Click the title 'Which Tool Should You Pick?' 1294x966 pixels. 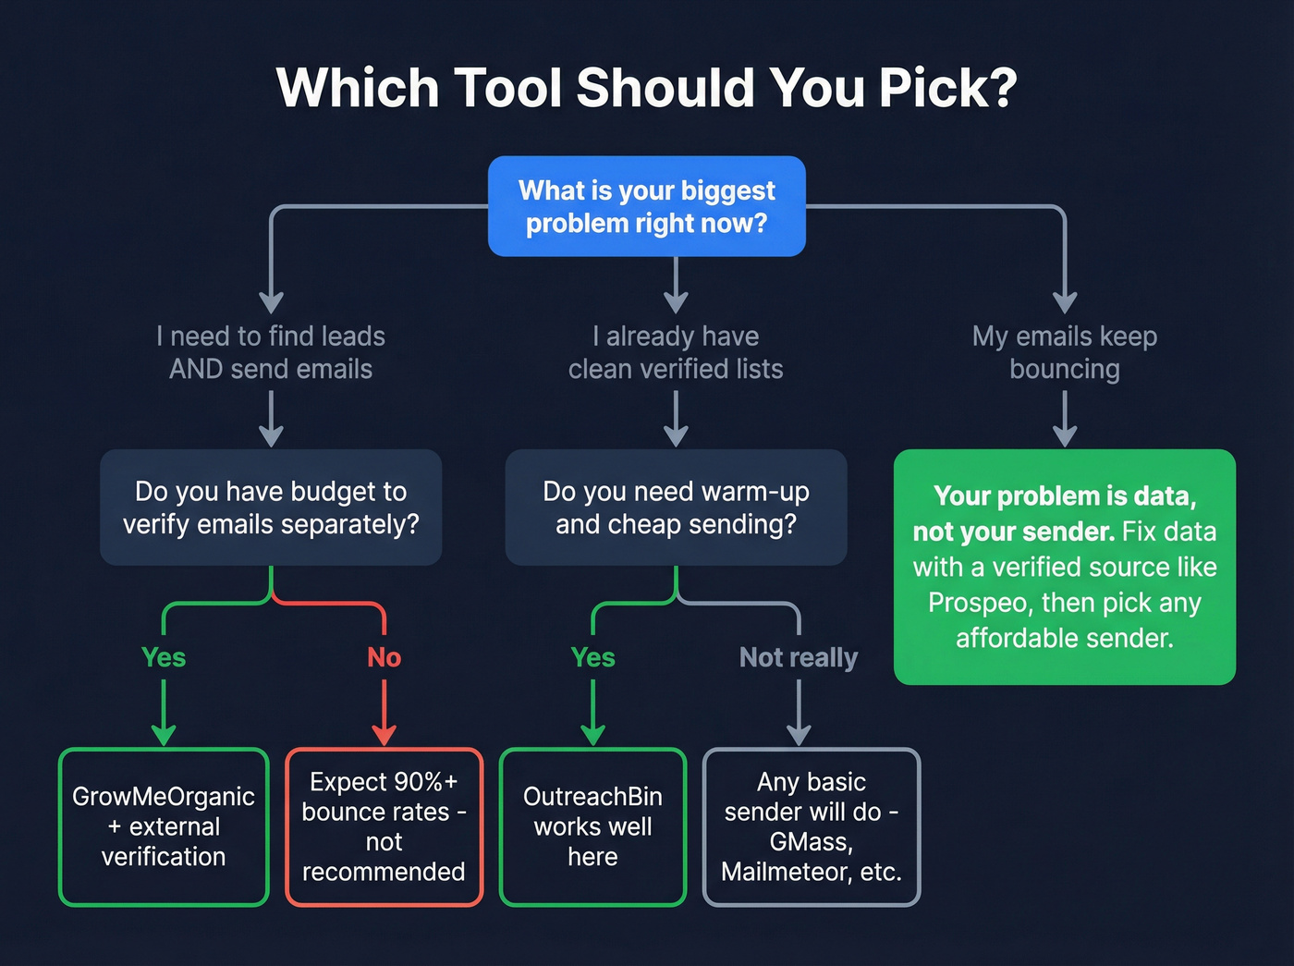(646, 89)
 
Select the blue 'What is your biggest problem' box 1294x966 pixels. (646, 206)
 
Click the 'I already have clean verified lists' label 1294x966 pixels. (676, 352)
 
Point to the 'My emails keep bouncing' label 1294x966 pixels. (1064, 352)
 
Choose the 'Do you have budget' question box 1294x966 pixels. (271, 507)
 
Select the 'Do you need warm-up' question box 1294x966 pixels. (676, 507)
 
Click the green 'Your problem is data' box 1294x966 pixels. (1064, 567)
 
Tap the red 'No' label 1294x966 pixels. (384, 657)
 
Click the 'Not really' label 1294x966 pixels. (799, 657)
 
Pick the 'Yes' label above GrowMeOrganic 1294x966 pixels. (164, 657)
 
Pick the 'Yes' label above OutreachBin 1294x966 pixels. (592, 657)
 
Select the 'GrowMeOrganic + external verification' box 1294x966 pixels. (164, 826)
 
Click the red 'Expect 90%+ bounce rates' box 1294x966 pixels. (384, 826)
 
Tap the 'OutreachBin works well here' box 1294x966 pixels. (592, 826)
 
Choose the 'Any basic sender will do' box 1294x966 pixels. (812, 826)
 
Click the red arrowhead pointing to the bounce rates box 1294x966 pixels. (384, 735)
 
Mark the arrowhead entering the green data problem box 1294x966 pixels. (1065, 435)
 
